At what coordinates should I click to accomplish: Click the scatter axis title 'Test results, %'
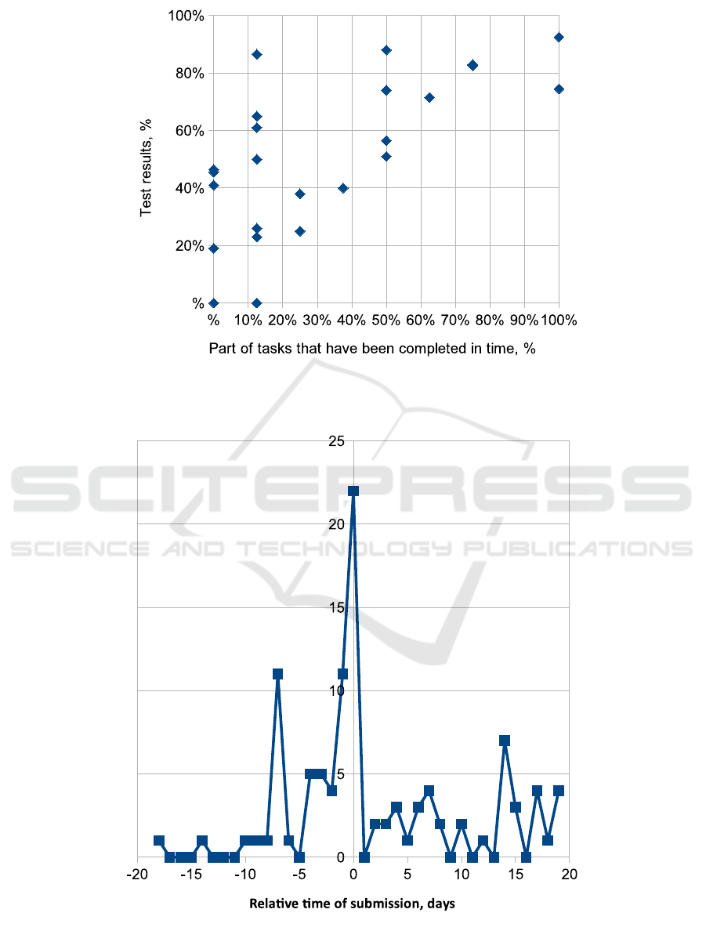(x=147, y=168)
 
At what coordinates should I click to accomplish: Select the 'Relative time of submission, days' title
(x=352, y=904)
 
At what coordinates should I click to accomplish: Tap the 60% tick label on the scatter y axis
(x=189, y=131)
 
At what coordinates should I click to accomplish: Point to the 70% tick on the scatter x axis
(x=454, y=320)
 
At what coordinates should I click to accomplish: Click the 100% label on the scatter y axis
(x=186, y=16)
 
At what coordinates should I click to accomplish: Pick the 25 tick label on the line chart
(x=337, y=441)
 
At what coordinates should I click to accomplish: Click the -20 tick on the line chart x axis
(x=137, y=874)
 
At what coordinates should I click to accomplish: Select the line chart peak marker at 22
(x=353, y=491)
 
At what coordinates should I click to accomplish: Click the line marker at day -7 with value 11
(x=277, y=674)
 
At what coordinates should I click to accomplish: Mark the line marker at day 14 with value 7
(x=505, y=741)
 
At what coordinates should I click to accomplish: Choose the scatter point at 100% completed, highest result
(x=559, y=37)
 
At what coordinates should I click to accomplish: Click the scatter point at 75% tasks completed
(x=472, y=65)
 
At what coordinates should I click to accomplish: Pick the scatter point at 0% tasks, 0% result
(x=213, y=302)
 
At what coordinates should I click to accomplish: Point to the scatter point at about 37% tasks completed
(x=342, y=188)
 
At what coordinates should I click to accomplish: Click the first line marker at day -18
(x=159, y=840)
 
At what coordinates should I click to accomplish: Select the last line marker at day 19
(x=559, y=790)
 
